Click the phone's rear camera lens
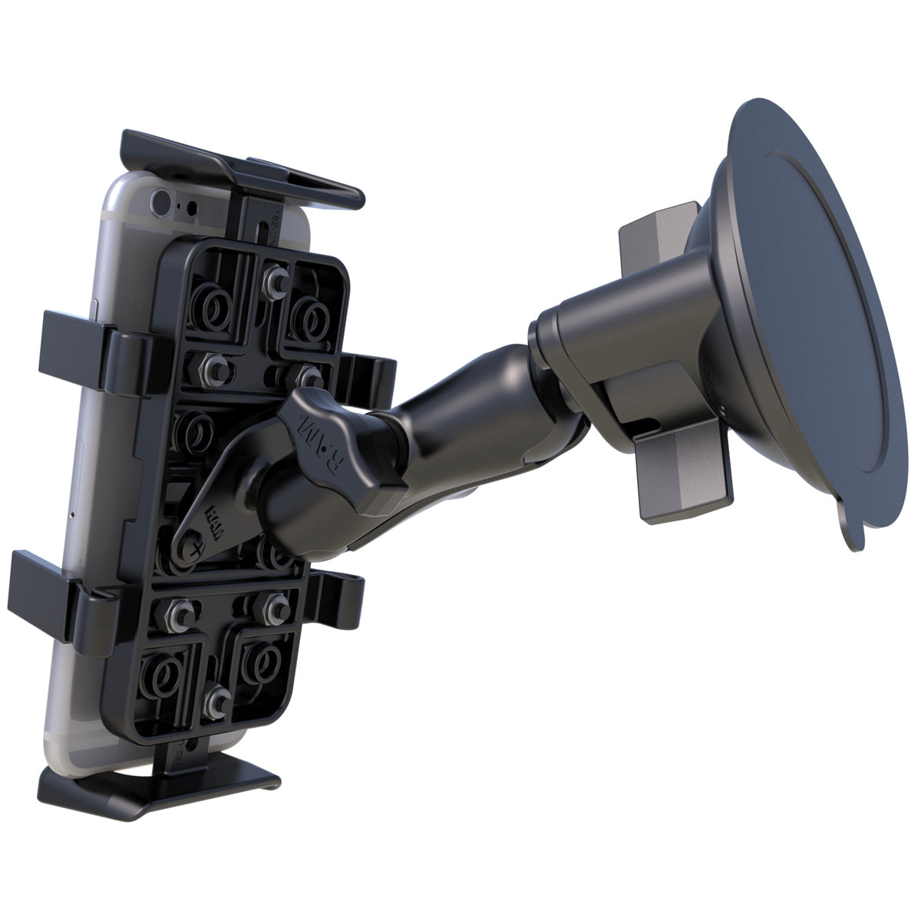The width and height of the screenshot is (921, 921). click(160, 202)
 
